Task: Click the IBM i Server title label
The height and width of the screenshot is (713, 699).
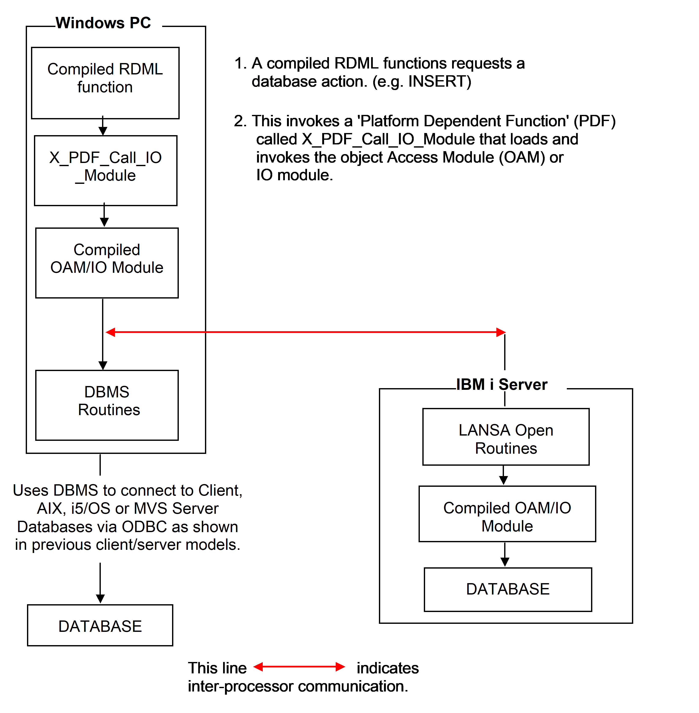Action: (x=501, y=384)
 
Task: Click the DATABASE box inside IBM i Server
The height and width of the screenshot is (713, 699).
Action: (x=508, y=589)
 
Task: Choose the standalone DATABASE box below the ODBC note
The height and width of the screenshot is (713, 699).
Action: (x=100, y=626)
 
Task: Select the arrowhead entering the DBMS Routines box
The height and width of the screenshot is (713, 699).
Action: (x=103, y=365)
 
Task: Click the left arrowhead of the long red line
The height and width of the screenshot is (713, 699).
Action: (x=110, y=332)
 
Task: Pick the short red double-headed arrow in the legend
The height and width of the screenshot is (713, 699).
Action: (x=299, y=667)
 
